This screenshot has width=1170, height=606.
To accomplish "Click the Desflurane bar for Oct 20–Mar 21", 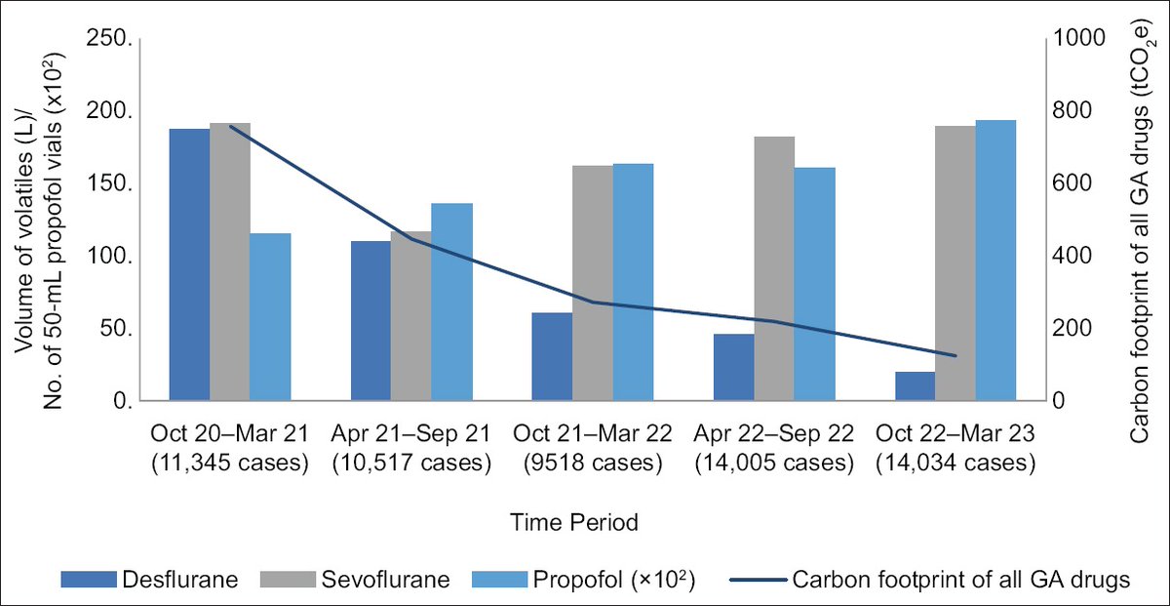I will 189,263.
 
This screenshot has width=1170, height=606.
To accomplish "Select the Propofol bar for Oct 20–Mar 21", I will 270,317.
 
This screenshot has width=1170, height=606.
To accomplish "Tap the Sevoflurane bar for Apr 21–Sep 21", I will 410,316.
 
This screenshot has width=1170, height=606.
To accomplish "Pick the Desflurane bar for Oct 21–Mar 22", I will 552,356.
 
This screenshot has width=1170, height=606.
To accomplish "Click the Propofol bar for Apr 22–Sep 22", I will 815,284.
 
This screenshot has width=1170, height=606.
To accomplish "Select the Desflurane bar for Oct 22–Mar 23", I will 915,385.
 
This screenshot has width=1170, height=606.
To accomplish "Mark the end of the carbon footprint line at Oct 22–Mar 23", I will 955,356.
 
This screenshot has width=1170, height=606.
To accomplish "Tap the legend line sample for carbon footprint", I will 755,580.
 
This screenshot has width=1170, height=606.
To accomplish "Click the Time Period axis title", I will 574,523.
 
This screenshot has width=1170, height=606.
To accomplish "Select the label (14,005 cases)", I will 773,463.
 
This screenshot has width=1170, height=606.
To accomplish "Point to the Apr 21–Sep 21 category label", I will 409,433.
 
